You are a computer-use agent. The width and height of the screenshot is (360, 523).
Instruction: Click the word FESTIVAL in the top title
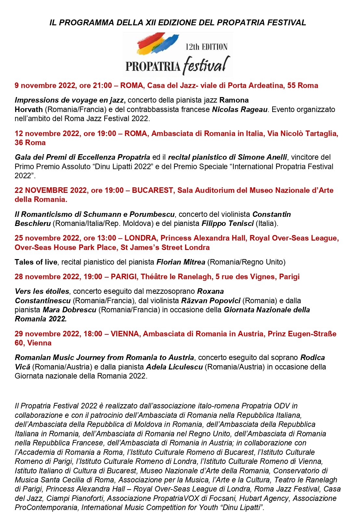coord(286,22)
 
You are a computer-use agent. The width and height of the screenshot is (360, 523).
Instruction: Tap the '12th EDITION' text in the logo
coord(206,47)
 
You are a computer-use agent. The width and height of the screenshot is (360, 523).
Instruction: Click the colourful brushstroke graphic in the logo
coord(158,44)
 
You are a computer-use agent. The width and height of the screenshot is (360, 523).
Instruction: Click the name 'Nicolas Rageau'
coord(240,109)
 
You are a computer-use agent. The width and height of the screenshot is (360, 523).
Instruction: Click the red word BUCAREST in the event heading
coord(152,190)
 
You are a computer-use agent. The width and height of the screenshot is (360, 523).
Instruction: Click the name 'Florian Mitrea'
coord(181,262)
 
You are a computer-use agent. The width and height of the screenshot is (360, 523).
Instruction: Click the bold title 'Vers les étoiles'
coord(42,291)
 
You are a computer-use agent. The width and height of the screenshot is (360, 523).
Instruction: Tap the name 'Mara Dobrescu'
coord(69,310)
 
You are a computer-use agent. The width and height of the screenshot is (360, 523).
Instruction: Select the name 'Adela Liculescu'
coord(174,367)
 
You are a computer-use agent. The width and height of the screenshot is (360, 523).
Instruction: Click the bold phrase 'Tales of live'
coord(36,262)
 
